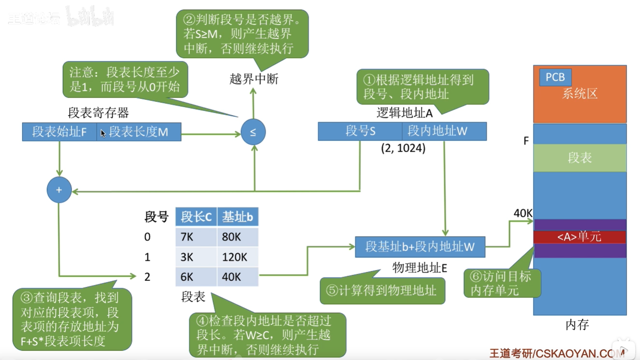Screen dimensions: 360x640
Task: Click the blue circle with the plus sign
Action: click(59, 190)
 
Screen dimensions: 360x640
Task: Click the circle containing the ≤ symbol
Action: click(253, 132)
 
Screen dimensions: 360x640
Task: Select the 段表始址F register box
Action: click(60, 132)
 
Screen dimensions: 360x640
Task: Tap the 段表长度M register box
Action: click(139, 132)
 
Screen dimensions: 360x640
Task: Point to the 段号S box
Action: click(360, 131)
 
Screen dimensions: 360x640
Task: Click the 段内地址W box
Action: click(444, 131)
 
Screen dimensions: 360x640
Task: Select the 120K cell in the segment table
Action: click(237, 257)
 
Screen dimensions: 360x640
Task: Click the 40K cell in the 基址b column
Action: click(237, 277)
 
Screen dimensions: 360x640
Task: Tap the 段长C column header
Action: click(196, 217)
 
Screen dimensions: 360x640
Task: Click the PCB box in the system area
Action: click(555, 77)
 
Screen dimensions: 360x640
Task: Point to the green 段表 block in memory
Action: click(580, 158)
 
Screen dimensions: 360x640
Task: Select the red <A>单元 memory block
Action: click(580, 237)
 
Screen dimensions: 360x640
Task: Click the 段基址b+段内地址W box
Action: click(420, 247)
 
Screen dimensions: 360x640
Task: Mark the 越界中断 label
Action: click(254, 79)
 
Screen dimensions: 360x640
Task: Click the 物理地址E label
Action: click(419, 268)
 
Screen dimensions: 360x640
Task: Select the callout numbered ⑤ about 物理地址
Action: click(382, 291)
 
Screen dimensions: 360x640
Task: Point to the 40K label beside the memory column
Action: click(523, 213)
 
